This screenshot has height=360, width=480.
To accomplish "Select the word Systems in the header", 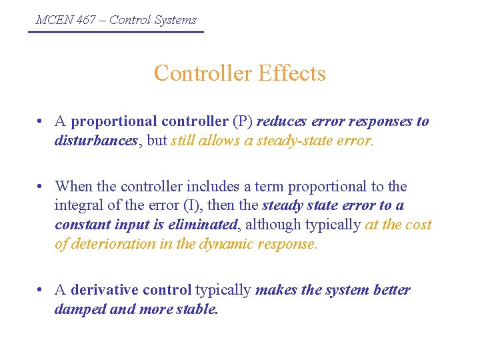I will (x=175, y=19).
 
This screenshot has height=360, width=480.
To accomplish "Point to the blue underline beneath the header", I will (x=116, y=31).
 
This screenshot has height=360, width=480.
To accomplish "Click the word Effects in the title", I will (x=289, y=73).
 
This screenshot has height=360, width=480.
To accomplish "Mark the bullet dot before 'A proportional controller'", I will (x=41, y=122).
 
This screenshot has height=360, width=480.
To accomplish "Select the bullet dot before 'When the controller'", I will (x=41, y=187).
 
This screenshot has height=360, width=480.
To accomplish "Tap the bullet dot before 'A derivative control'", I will (x=41, y=290).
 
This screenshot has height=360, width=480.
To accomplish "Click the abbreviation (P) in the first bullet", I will (x=242, y=121).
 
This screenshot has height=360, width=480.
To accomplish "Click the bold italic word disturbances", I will (x=95, y=141).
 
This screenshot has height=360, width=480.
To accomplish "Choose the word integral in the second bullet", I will (x=79, y=205).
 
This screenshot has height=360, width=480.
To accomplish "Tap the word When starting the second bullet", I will (x=73, y=186).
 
